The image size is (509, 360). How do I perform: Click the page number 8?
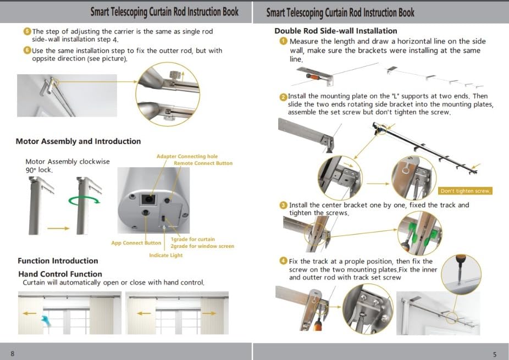click(x=12, y=353)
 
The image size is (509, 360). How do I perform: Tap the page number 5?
click(x=495, y=354)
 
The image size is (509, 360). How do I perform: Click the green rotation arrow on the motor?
click(x=85, y=201)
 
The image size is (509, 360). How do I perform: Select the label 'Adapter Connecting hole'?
click(x=187, y=157)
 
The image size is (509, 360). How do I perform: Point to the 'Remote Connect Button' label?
click(x=203, y=163)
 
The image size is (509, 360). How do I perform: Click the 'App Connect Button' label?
click(x=136, y=243)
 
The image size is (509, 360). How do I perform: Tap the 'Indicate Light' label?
click(x=165, y=256)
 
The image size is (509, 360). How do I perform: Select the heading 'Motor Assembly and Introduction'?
click(x=78, y=141)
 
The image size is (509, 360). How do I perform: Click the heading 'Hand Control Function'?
click(x=60, y=274)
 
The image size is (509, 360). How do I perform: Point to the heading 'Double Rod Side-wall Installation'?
click(x=335, y=31)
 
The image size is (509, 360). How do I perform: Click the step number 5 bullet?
click(x=27, y=31)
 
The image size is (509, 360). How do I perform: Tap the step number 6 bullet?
click(x=27, y=51)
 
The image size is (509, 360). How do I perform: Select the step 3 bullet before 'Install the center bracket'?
click(x=283, y=205)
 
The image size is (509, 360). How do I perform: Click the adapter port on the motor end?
click(x=148, y=197)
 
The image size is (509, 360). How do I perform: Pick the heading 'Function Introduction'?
click(x=58, y=261)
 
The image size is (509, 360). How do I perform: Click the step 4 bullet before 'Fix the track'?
click(x=283, y=261)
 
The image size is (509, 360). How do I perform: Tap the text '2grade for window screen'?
click(x=202, y=246)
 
